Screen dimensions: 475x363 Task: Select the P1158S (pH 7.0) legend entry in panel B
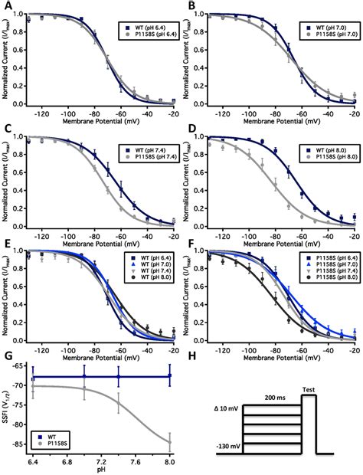325,36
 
